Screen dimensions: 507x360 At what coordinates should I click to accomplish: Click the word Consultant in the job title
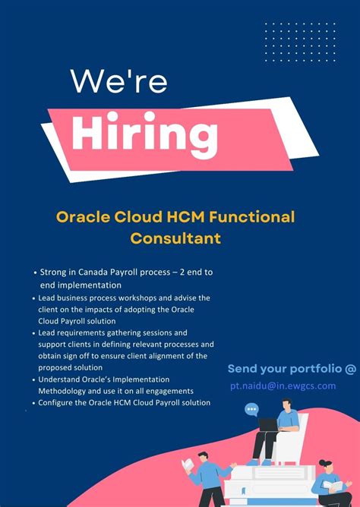tap(175, 238)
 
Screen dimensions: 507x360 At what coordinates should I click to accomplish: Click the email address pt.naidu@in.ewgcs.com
tap(283, 386)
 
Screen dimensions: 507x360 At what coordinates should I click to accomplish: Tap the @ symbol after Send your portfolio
tap(349, 369)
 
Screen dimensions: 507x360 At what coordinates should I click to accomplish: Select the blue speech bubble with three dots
tap(251, 410)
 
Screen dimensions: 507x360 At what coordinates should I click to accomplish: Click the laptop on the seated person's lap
tap(267, 425)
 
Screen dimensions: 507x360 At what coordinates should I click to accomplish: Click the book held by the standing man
tap(188, 464)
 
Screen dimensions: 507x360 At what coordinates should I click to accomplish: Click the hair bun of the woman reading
tap(324, 461)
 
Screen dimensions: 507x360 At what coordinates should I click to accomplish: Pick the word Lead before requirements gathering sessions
tap(48, 332)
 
